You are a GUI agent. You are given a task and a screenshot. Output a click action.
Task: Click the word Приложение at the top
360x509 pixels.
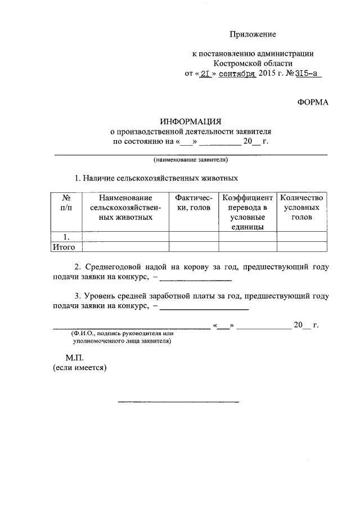point(256,35)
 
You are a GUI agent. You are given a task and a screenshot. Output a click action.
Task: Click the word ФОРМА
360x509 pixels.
point(312,102)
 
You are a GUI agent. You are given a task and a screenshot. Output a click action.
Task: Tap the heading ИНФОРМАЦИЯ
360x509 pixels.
point(191,121)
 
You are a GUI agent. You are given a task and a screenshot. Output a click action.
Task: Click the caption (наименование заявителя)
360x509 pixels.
point(191,160)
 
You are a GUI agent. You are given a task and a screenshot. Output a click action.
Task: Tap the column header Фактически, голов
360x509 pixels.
point(193,203)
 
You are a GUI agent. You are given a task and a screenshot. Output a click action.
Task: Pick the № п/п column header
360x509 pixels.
point(66,203)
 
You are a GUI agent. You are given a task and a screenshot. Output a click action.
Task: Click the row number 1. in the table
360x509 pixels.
point(66,236)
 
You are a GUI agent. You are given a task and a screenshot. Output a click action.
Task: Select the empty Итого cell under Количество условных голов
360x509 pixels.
point(301,246)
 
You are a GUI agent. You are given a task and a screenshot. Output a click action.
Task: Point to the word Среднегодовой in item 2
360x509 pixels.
point(115,267)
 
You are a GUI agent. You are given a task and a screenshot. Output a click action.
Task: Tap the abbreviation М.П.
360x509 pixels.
point(75,357)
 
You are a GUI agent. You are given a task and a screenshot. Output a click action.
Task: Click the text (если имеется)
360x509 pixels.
point(79,368)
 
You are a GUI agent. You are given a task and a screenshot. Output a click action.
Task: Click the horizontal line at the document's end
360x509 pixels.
point(178,402)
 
